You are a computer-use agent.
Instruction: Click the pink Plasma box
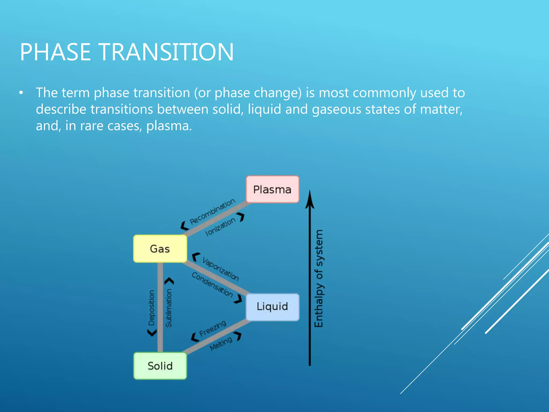pyautogui.click(x=272, y=189)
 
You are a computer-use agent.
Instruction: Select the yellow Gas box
pyautogui.click(x=160, y=249)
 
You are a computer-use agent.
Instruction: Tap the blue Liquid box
pyautogui.click(x=272, y=307)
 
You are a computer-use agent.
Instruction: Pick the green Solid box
pyautogui.click(x=160, y=366)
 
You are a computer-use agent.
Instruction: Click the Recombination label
pyautogui.click(x=212, y=212)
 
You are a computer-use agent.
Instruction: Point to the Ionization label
pyautogui.click(x=220, y=227)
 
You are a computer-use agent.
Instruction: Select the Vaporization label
pyautogui.click(x=221, y=269)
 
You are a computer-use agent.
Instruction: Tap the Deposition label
pyautogui.click(x=151, y=308)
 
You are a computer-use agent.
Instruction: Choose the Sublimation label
pyautogui.click(x=169, y=308)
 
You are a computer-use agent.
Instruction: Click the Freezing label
pyautogui.click(x=213, y=328)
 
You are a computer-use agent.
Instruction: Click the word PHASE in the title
pyautogui.click(x=55, y=52)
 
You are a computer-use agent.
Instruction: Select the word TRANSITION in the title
pyautogui.click(x=166, y=52)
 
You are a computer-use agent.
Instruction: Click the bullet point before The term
pyautogui.click(x=21, y=93)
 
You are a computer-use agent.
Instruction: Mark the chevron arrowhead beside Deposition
pyautogui.click(x=152, y=333)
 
